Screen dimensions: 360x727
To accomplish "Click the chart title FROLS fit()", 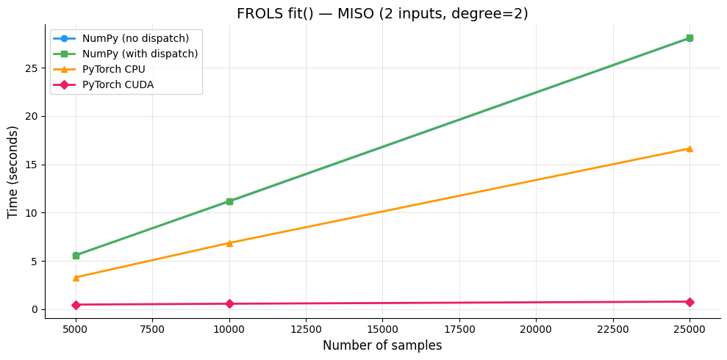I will [x=382, y=13].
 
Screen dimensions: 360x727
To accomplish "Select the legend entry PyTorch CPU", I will [x=113, y=70].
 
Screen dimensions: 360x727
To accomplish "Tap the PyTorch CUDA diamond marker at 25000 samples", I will [x=690, y=302].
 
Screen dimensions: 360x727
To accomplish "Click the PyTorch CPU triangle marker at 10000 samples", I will [x=229, y=243].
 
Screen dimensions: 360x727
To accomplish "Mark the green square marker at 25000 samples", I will [x=690, y=38].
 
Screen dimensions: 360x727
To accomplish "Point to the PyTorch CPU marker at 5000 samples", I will [x=76, y=278].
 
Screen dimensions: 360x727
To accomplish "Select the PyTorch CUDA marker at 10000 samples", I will [x=229, y=303].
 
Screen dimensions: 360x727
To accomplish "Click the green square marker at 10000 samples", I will [x=229, y=201].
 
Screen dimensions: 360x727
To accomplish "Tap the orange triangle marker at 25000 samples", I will [x=690, y=148].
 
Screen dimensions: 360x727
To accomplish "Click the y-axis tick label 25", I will [x=32, y=68].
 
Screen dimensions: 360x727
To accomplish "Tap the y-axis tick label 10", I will [x=32, y=213].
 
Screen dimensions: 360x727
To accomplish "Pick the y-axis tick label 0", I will [x=35, y=309].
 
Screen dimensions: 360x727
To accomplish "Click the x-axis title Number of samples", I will [x=382, y=346].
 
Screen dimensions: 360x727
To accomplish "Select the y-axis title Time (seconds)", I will [x=13, y=171].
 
